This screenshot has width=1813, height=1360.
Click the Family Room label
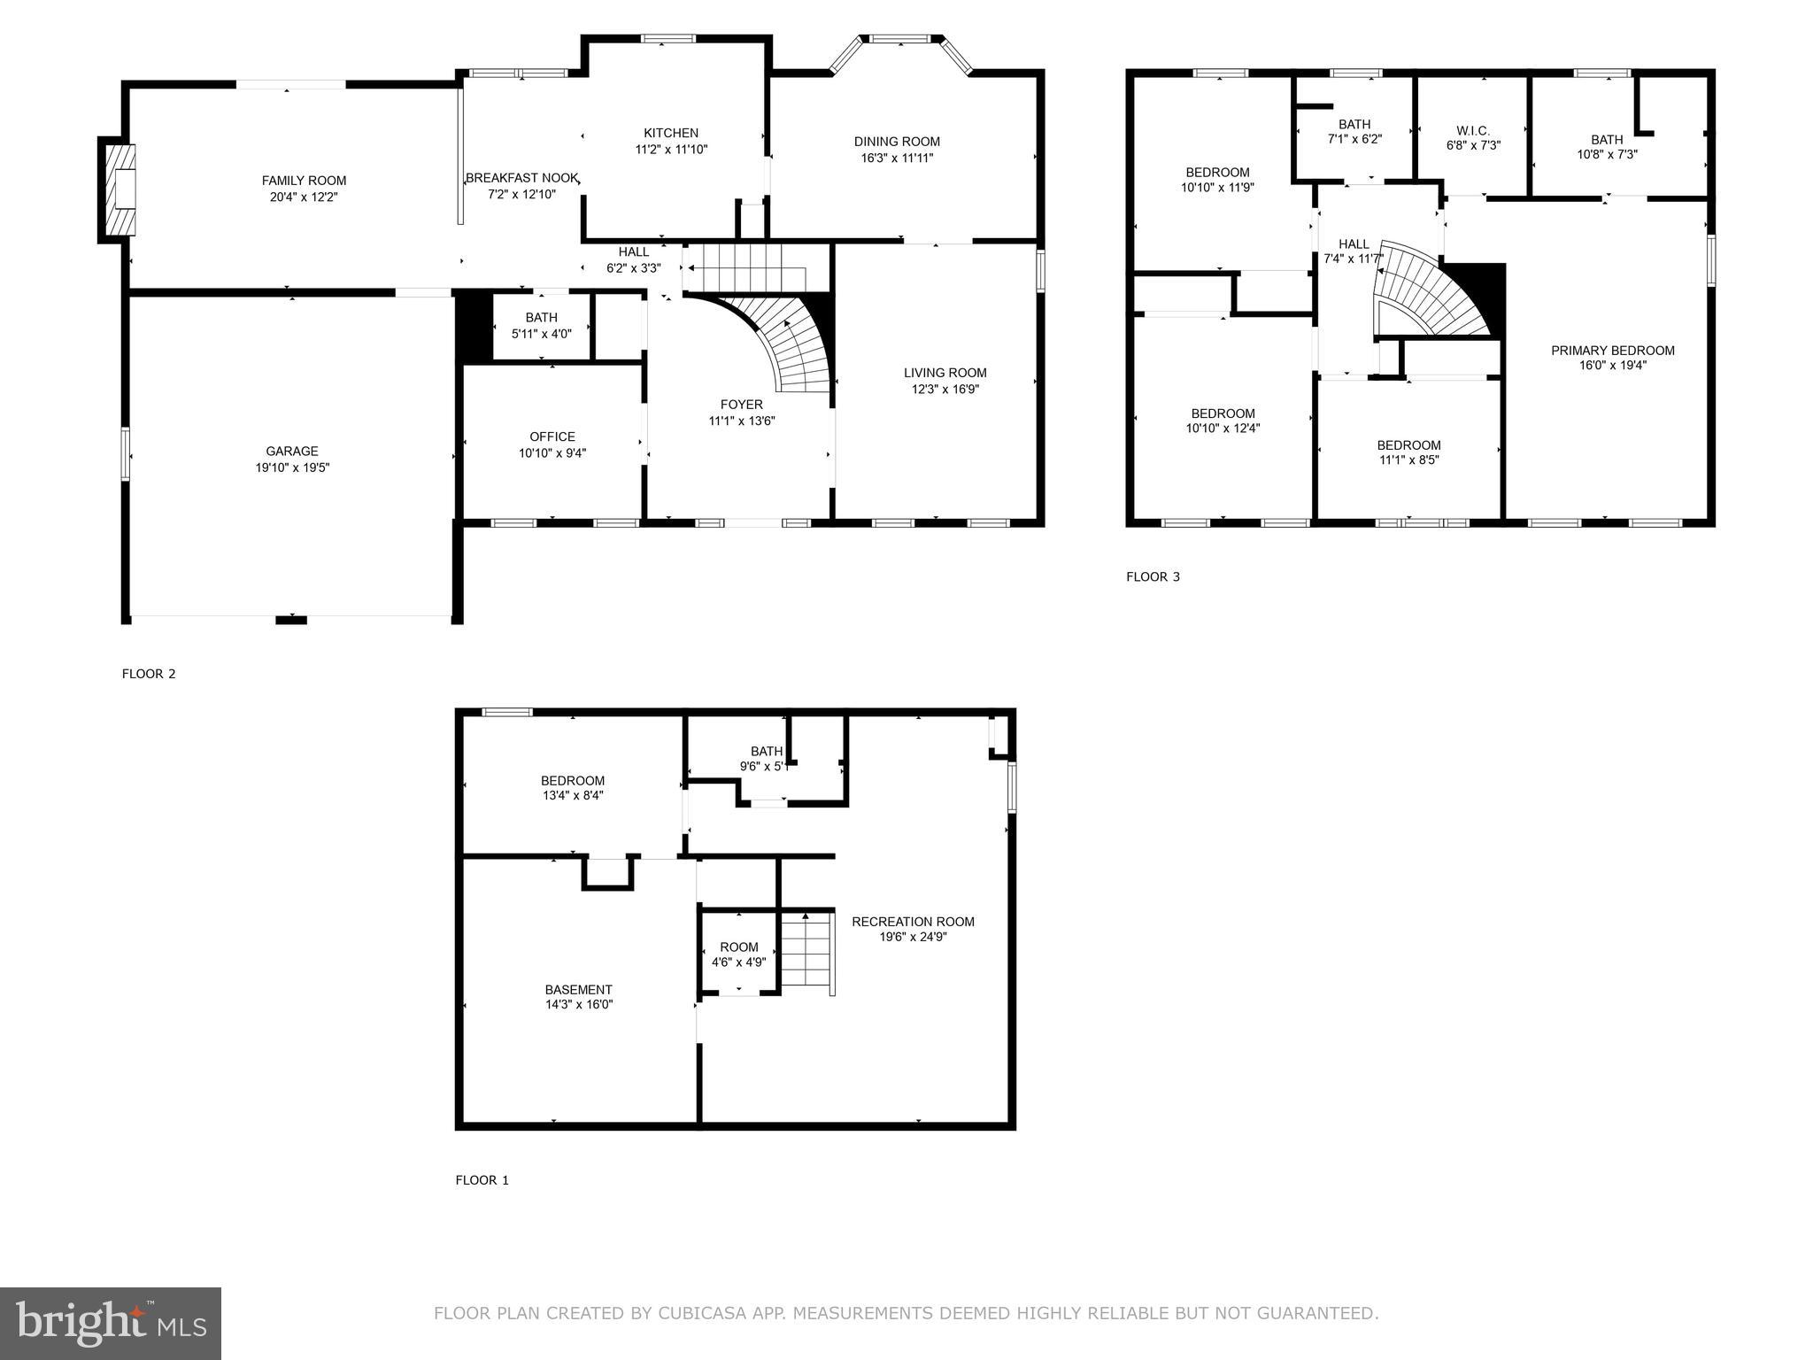tap(304, 181)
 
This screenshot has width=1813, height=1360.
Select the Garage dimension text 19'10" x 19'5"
tap(292, 467)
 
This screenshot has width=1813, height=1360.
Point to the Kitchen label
tap(671, 133)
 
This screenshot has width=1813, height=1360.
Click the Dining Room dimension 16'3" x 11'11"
tap(897, 158)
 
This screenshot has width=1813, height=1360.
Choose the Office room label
tap(552, 437)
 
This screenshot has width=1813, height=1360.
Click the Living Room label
tap(945, 373)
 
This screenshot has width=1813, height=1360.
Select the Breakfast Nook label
tap(522, 178)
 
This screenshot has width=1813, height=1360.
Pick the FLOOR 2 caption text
tap(149, 674)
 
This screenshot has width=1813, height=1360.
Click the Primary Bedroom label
tap(1612, 351)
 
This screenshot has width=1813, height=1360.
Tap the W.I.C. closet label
tap(1473, 131)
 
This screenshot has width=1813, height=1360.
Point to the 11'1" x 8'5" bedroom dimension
tap(1408, 460)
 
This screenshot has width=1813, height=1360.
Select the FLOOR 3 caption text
tap(1153, 577)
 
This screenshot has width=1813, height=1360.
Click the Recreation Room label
tap(913, 922)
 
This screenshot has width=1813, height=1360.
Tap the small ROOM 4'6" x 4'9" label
tap(739, 947)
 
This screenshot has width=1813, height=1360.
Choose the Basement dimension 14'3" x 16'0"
tap(579, 1004)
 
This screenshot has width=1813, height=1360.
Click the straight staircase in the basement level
tap(807, 954)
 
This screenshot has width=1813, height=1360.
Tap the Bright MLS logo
tap(111, 1323)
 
